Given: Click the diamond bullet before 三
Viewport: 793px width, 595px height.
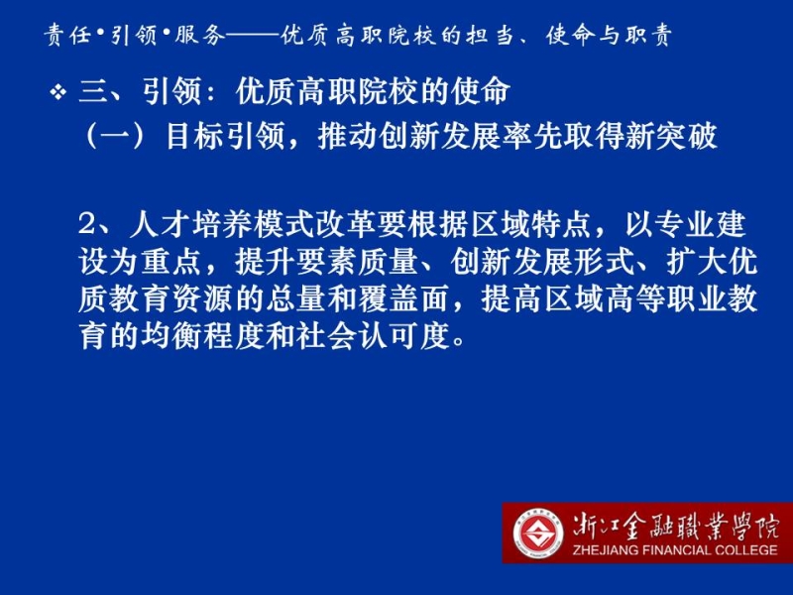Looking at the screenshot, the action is point(58,92).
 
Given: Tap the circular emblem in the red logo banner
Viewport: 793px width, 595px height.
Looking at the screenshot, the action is point(538,533).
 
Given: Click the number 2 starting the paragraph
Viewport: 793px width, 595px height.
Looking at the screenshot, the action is point(86,224).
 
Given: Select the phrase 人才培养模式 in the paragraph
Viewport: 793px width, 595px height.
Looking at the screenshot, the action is point(221,224).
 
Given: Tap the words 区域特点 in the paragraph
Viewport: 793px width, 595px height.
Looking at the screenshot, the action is point(529,224).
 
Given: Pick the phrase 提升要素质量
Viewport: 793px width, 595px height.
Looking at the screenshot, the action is point(326,262).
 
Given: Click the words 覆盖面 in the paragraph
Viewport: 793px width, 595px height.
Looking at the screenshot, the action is point(403,299).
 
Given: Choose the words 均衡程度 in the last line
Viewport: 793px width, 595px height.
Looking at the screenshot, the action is point(202,336).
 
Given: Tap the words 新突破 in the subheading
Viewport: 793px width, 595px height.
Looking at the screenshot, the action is point(671,136).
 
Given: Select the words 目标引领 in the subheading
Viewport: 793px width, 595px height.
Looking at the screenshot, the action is point(226,136).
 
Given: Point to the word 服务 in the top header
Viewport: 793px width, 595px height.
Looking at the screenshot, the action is point(199,36).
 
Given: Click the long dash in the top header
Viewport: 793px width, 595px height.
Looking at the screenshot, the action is point(253,36).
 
